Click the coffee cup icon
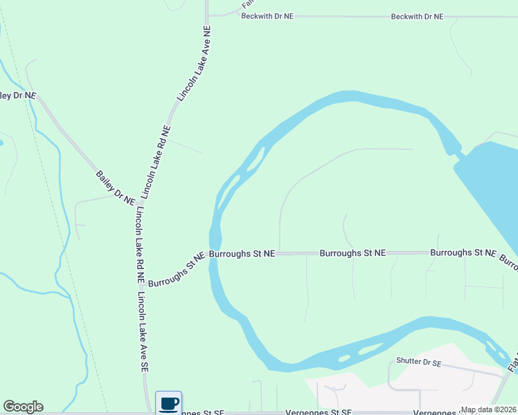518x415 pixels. point(168,403)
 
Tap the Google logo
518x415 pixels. point(23,407)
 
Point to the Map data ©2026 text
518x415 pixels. point(488,409)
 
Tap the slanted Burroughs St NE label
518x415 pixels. point(177,270)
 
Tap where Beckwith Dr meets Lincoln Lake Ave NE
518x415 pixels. point(208,15)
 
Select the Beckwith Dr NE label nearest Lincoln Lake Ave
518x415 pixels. point(267,15)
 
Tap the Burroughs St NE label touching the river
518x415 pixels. point(242,254)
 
